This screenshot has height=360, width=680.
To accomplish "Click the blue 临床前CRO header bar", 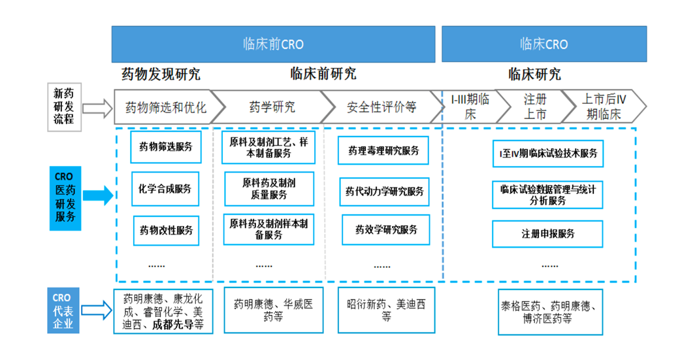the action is (273, 44).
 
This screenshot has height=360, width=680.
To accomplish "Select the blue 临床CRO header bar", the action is (544, 44).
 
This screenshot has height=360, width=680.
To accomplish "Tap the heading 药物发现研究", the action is (161, 74).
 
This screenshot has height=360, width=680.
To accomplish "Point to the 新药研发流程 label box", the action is (64, 106).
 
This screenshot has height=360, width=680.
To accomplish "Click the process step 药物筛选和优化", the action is (166, 107).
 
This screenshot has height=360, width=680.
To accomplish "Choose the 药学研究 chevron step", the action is (272, 107).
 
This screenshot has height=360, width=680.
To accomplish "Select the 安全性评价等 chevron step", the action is (381, 107).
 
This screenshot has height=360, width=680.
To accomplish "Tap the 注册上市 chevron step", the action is (535, 106).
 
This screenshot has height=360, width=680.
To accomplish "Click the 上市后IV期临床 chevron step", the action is (604, 106).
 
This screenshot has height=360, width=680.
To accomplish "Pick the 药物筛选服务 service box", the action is (166, 147).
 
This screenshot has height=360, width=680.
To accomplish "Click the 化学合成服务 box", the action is (165, 189).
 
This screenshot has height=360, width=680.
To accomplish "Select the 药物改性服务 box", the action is (166, 231).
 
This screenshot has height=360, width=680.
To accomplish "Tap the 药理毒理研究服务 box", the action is (383, 150).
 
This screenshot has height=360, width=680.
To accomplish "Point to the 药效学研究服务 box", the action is (386, 230).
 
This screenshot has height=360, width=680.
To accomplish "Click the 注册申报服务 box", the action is (547, 234).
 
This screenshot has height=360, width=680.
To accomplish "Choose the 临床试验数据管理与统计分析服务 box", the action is (547, 195).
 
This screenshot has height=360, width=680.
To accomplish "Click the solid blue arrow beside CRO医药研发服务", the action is (98, 195).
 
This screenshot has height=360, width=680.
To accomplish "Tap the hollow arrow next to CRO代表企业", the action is (97, 310).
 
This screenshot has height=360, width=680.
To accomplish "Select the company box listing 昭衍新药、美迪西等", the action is (387, 310).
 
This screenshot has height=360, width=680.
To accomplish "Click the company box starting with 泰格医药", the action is (550, 312).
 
